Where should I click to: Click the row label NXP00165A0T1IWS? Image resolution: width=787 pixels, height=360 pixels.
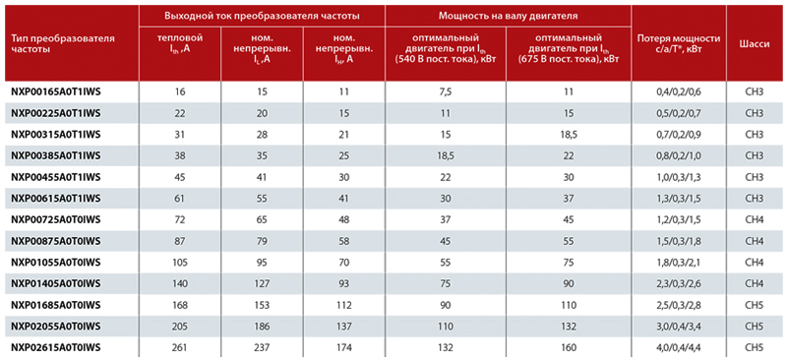(55, 91)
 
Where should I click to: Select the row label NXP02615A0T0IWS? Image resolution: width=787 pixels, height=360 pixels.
(56, 347)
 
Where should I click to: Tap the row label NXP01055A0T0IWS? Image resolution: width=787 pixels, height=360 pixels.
(56, 262)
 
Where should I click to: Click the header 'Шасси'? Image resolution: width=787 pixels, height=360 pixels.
(754, 43)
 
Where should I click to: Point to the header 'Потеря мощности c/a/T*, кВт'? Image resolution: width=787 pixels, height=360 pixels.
(679, 43)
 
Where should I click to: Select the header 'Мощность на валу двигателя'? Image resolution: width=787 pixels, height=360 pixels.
(508, 16)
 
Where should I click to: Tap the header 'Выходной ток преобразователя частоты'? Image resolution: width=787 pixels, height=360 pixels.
(262, 16)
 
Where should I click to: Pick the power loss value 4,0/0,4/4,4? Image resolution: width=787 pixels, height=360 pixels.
(679, 347)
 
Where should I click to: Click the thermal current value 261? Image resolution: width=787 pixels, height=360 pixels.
(180, 347)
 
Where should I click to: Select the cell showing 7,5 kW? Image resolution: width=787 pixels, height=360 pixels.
(446, 91)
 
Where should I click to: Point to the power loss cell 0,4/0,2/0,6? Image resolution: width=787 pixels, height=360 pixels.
(679, 91)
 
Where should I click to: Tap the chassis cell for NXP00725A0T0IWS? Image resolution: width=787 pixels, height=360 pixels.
(754, 219)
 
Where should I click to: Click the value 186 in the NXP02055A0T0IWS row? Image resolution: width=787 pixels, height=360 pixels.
(262, 327)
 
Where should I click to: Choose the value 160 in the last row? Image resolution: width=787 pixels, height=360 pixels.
(569, 347)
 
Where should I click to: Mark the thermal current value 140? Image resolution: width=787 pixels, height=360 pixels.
(180, 283)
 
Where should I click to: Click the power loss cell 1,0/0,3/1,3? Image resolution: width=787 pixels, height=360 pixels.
(679, 177)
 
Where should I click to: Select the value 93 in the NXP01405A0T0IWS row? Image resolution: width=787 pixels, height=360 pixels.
(344, 283)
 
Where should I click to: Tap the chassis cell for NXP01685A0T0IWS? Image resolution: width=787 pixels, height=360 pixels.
(754, 305)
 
